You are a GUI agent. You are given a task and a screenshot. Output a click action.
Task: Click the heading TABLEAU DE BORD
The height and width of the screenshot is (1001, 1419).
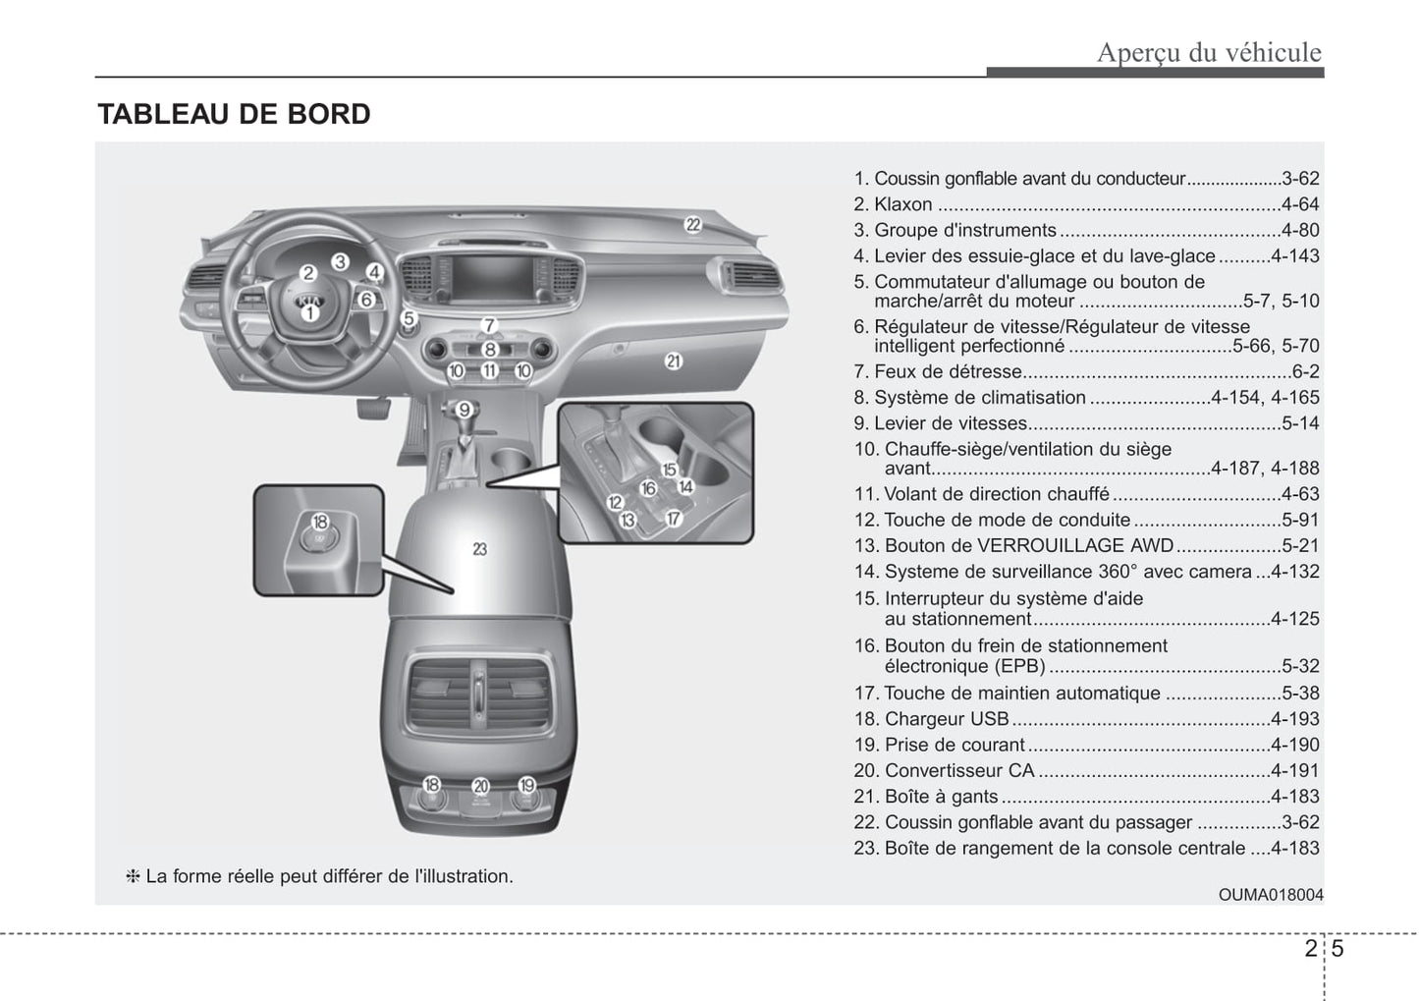[234, 115]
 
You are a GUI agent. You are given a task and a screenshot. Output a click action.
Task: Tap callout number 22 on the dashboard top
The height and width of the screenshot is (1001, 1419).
[693, 224]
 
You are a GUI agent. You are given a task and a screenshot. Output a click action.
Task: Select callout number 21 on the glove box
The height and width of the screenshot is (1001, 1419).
[673, 361]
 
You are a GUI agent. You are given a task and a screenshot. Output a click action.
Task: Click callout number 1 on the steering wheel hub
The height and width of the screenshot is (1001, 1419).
[308, 312]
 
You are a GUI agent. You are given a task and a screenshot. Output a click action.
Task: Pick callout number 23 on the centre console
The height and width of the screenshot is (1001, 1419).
[479, 549]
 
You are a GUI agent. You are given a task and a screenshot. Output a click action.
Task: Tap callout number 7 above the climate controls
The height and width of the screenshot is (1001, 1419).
[489, 325]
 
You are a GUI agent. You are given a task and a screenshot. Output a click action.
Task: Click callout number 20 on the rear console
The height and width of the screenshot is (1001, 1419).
[480, 786]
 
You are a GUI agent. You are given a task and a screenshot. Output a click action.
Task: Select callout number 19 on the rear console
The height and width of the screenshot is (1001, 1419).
[527, 785]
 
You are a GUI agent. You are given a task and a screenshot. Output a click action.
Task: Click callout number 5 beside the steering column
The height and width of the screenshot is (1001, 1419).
[409, 318]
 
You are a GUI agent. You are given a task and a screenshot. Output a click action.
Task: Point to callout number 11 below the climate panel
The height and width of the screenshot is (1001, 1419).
[489, 371]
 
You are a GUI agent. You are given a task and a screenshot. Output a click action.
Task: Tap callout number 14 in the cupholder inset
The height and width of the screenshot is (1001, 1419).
[685, 485]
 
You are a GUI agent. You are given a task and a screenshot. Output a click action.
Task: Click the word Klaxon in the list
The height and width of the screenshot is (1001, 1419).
[903, 204]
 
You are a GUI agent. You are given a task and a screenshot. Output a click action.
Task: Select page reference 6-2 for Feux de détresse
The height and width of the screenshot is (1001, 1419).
[1305, 372]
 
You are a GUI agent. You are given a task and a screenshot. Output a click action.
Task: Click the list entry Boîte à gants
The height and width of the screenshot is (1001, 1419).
[940, 797]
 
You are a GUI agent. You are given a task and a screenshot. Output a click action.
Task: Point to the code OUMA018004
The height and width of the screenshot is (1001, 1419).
[1271, 895]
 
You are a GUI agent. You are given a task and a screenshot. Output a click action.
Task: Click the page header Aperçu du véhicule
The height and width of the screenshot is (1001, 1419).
[1209, 52]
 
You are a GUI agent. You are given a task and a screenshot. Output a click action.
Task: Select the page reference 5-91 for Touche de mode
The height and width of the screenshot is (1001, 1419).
[1300, 520]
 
